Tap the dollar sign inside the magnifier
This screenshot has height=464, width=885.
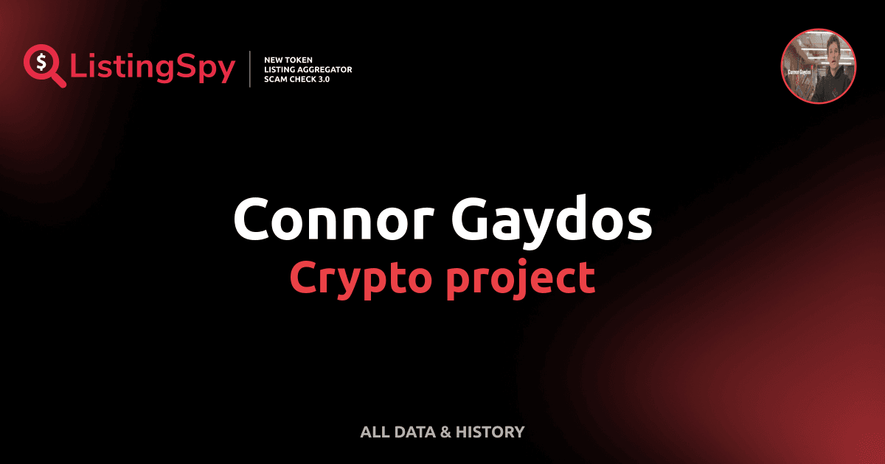tap(41, 61)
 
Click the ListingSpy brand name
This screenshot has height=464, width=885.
tap(153, 68)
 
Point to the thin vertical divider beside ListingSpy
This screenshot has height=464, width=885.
tap(251, 68)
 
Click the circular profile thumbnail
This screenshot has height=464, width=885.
tap(818, 67)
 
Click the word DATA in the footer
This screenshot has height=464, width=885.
tap(414, 432)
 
